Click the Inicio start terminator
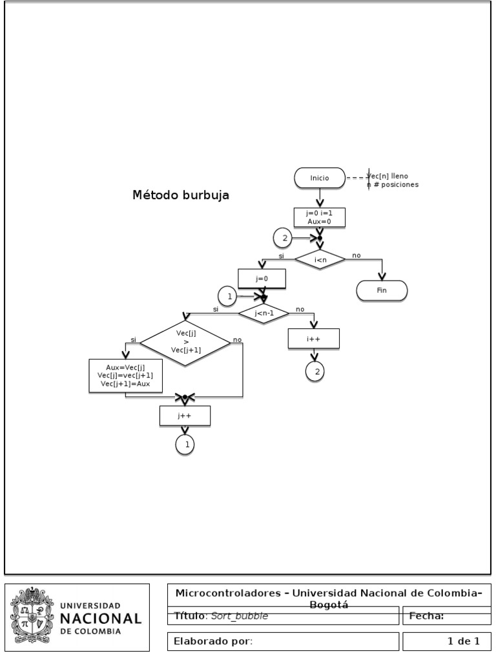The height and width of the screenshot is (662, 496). (x=319, y=178)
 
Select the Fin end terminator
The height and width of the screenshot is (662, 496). (x=382, y=291)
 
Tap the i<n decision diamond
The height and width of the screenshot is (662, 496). (x=320, y=260)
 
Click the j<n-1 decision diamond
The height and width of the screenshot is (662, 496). (x=263, y=314)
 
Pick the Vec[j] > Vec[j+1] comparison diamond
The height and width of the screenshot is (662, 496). (x=185, y=341)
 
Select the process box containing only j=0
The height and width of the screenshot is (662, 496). (x=262, y=279)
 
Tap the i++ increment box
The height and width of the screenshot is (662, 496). (x=314, y=339)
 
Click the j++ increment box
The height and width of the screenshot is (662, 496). (x=185, y=416)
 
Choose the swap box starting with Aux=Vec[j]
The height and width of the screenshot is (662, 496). (x=125, y=376)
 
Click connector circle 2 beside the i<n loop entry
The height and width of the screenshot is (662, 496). (x=283, y=238)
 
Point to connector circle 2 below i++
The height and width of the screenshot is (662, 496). (x=315, y=371)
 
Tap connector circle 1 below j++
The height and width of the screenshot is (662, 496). (x=185, y=445)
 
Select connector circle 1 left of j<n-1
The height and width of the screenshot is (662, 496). (x=227, y=297)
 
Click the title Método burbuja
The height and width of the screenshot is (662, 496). (x=180, y=195)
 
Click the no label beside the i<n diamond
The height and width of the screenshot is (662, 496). (x=356, y=256)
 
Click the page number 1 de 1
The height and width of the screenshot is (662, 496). (x=463, y=641)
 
